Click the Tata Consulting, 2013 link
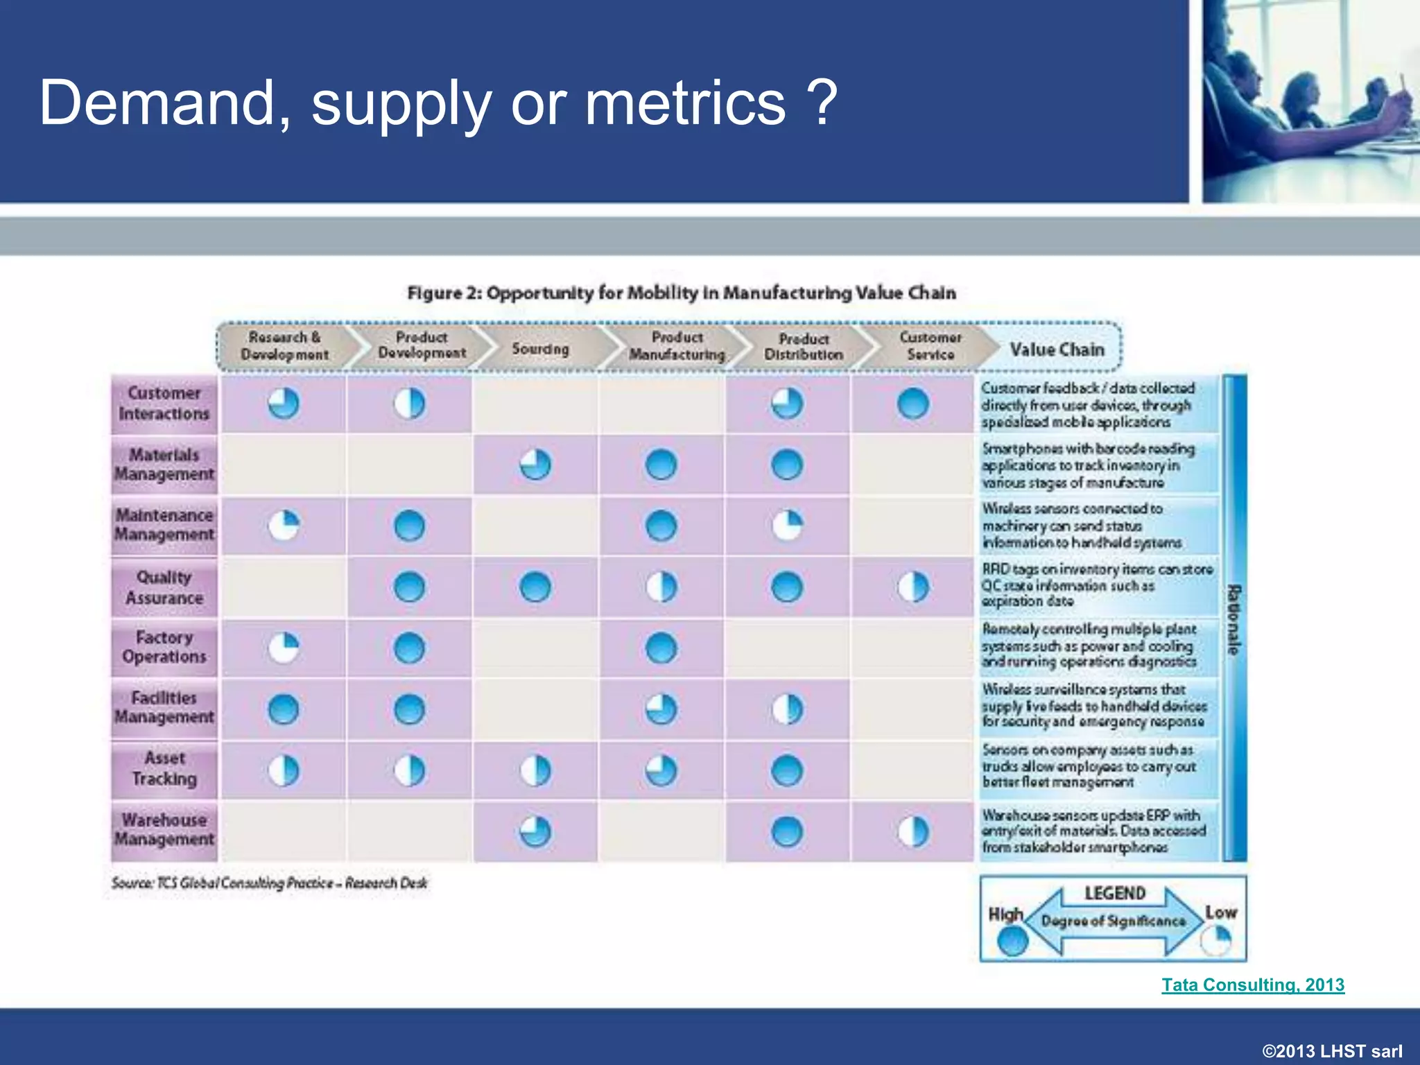coord(1253,985)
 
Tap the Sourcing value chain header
coord(540,349)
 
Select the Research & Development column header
coord(284,345)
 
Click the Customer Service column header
coord(930,345)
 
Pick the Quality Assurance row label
coord(164,587)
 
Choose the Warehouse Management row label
coord(164,829)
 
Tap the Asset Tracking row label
coord(164,768)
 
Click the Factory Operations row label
coord(164,647)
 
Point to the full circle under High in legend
coord(1012,941)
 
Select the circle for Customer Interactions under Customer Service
coord(912,404)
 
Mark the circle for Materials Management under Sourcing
coord(535,465)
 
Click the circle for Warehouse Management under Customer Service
coord(912,831)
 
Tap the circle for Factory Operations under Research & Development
coord(284,648)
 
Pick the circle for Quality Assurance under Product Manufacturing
coord(661,587)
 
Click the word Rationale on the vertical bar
coord(1234,619)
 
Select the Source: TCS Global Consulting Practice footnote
coord(269,883)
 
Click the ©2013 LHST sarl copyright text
coord(1332,1051)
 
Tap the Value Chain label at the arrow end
coord(1057,349)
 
